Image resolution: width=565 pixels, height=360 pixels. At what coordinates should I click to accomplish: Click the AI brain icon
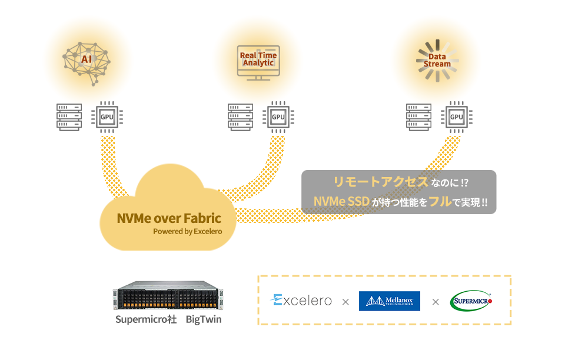[x=87, y=62]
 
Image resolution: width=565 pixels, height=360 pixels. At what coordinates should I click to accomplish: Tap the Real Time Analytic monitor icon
[x=258, y=61]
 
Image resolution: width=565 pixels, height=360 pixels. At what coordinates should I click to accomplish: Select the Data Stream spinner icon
[x=437, y=61]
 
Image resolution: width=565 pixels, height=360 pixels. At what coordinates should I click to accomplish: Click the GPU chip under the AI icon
[x=107, y=116]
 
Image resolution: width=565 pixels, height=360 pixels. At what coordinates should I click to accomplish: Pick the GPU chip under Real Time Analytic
[x=278, y=116]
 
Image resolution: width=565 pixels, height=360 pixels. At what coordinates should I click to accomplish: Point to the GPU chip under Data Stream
[x=457, y=116]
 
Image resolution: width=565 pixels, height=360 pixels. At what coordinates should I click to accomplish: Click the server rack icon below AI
[x=69, y=116]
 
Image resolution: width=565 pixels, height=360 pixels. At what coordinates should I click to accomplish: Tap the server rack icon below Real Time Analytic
[x=241, y=116]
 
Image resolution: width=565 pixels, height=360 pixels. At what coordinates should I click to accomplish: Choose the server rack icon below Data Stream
[x=418, y=116]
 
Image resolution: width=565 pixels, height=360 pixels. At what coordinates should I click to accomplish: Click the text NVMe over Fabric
[x=169, y=218]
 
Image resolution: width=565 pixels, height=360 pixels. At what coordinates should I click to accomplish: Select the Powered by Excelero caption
[x=187, y=231]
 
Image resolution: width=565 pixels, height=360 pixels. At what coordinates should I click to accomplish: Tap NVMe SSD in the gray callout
[x=341, y=202]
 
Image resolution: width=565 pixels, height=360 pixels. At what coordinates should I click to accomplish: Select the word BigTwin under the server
[x=204, y=320]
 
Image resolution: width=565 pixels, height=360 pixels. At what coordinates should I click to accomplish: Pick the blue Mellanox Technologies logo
[x=389, y=301]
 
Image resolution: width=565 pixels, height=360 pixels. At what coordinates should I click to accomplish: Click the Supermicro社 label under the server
[x=145, y=320]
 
